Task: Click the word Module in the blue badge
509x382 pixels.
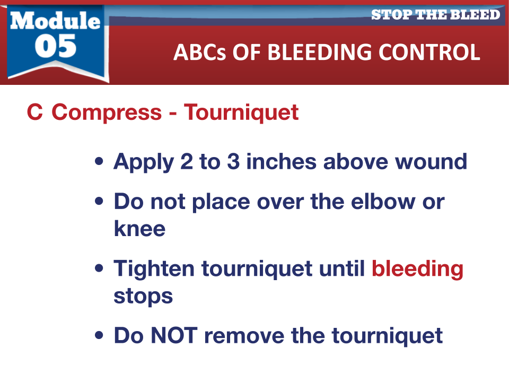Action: (55, 21)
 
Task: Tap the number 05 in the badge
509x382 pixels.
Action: (56, 46)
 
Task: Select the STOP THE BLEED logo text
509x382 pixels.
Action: (435, 15)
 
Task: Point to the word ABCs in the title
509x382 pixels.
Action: (199, 53)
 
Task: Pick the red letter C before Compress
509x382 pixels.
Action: (35, 112)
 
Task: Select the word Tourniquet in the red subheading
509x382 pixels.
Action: (241, 112)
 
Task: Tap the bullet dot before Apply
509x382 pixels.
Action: (99, 161)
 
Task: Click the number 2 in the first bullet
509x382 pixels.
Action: (186, 161)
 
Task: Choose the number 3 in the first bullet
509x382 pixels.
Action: (233, 161)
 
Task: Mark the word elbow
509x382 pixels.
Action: (383, 202)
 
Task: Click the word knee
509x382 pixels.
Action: (139, 228)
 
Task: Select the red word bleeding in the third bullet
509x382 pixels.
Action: (417, 270)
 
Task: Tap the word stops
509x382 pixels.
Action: (143, 297)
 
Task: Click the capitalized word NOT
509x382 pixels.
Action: (174, 335)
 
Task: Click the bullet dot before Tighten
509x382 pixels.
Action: (99, 268)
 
